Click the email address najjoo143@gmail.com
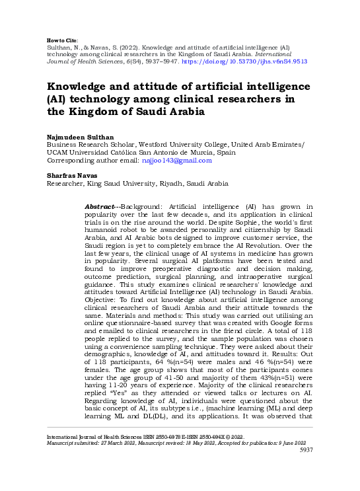(183, 160)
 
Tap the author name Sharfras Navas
(72, 175)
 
